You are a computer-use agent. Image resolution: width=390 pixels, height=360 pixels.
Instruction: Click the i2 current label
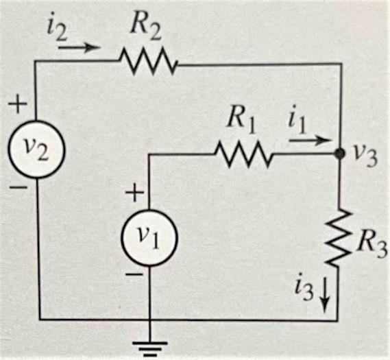(x=59, y=27)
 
